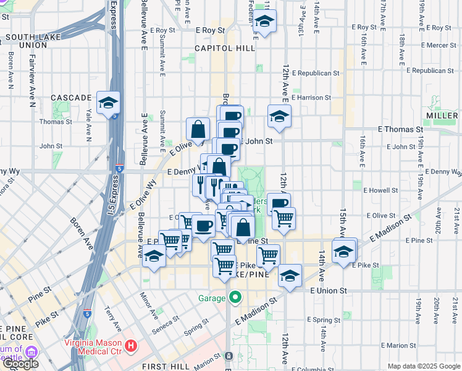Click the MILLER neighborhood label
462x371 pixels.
tap(442, 116)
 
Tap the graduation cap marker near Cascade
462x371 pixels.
tap(108, 103)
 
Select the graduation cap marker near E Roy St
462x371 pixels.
tap(264, 23)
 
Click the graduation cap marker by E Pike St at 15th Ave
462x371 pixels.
tap(343, 252)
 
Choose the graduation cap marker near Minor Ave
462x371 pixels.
tap(153, 255)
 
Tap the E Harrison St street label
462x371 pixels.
tap(311, 97)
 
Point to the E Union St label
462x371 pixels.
tap(329, 290)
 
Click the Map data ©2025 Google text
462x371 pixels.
tap(423, 366)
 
